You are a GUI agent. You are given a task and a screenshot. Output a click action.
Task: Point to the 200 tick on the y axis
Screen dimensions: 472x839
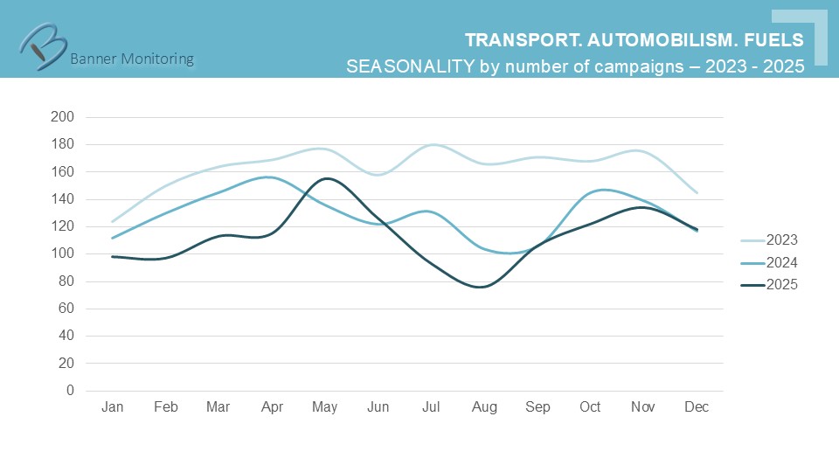(x=64, y=117)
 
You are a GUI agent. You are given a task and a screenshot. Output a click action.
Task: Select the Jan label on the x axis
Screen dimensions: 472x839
(x=112, y=408)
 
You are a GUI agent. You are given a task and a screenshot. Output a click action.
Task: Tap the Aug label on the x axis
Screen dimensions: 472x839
(x=484, y=408)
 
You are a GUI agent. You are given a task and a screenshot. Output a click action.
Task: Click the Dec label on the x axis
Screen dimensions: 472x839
(x=697, y=408)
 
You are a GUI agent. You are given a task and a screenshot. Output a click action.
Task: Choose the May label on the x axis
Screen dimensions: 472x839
(x=324, y=408)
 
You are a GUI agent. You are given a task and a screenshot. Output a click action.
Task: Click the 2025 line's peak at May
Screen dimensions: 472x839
(x=324, y=178)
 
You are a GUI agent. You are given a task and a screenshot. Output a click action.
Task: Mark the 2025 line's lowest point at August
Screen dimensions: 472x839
(x=482, y=287)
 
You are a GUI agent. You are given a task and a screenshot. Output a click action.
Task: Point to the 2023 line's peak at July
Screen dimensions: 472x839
(x=431, y=145)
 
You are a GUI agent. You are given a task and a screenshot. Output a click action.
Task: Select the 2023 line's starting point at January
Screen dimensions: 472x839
(x=113, y=221)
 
